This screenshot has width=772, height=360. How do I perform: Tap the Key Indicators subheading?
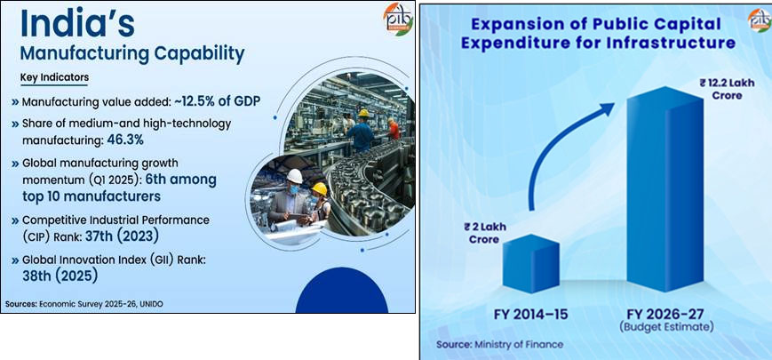pyautogui.click(x=54, y=77)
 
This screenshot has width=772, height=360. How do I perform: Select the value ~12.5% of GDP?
pyautogui.click(x=217, y=102)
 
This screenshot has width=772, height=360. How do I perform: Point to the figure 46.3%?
pyautogui.click(x=125, y=140)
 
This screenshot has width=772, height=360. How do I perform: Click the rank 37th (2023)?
pyautogui.click(x=121, y=236)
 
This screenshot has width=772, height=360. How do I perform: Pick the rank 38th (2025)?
pyautogui.click(x=60, y=276)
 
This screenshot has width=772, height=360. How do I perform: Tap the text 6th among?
pyautogui.click(x=181, y=180)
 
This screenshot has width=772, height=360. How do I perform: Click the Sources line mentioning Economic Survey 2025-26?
pyautogui.click(x=84, y=304)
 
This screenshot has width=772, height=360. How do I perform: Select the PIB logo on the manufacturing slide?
pyautogui.click(x=398, y=20)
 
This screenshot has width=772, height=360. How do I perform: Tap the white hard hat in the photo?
pyautogui.click(x=294, y=176)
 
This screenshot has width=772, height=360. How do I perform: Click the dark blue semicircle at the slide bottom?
pyautogui.click(x=342, y=291)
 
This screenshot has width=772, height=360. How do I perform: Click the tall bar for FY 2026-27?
pyautogui.click(x=665, y=189)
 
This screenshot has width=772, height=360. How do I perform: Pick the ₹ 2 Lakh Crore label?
pyautogui.click(x=485, y=233)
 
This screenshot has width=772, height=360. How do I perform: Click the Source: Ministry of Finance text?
pyautogui.click(x=499, y=344)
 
